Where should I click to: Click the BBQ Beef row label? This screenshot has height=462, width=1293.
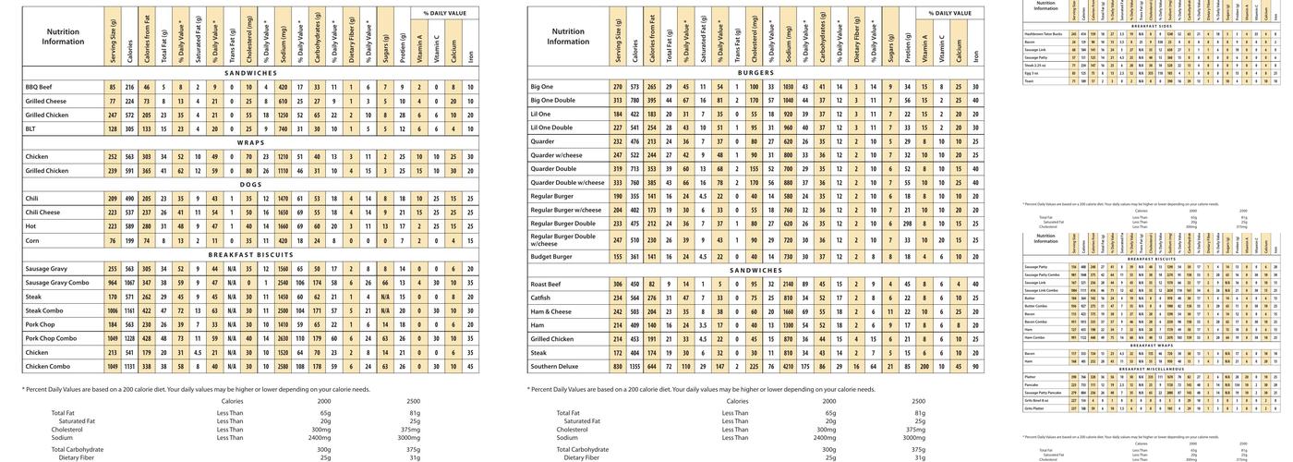pos(39,87)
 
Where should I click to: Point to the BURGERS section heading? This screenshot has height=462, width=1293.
pos(755,72)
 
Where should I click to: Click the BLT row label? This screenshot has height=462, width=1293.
pos(31,128)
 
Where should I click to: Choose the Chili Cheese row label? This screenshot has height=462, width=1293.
pos(42,213)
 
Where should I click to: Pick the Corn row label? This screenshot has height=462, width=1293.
pos(32,240)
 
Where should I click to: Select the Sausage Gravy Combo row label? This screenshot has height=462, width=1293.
pos(57,283)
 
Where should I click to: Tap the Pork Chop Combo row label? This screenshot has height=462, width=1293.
pos(51,338)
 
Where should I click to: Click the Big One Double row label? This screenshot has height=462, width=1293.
pos(552,100)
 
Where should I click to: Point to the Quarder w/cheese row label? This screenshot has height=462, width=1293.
pos(556,155)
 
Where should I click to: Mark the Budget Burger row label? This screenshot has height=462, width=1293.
pos(551,257)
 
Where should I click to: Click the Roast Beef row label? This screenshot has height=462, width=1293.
pos(547,284)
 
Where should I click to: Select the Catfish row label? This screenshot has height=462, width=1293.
pos(542,298)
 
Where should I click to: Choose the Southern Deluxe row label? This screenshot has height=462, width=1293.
pos(555,367)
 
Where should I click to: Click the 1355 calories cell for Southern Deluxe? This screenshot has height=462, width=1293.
pos(634,367)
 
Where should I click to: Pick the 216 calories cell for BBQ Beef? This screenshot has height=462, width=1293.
pos(129,87)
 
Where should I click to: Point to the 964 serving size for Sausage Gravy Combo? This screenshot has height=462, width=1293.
pos(113,283)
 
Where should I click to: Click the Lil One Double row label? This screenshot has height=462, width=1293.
pos(551,128)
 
